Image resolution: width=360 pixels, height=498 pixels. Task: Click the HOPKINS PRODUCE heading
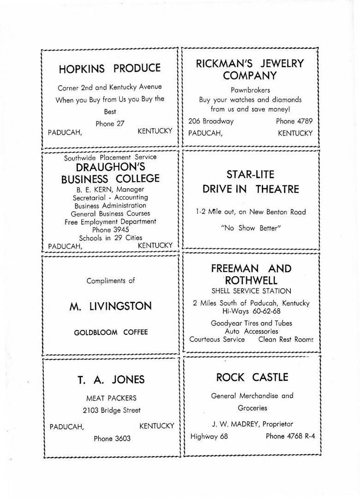pyautogui.click(x=110, y=69)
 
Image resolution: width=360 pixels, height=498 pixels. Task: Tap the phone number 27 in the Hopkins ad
pyautogui.click(x=110, y=124)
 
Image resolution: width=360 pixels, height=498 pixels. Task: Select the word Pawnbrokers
pyautogui.click(x=250, y=90)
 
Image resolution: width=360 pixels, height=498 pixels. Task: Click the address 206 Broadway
pyautogui.click(x=211, y=121)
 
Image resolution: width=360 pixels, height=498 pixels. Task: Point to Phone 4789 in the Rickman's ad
pyautogui.click(x=294, y=121)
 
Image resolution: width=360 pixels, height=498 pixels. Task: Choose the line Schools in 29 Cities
pyautogui.click(x=110, y=238)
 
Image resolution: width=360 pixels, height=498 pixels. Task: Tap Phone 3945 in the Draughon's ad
pyautogui.click(x=110, y=230)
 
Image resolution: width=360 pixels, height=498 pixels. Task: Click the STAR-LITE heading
pyautogui.click(x=250, y=174)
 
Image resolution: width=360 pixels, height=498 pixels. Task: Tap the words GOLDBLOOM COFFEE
pyautogui.click(x=111, y=332)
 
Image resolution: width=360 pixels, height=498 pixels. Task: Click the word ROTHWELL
pyautogui.click(x=251, y=280)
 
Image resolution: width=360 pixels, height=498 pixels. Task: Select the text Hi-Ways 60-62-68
pyautogui.click(x=251, y=311)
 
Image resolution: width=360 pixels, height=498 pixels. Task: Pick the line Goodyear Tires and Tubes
pyautogui.click(x=251, y=323)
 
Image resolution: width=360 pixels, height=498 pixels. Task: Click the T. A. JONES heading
pyautogui.click(x=110, y=379)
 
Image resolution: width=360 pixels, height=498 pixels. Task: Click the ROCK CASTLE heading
pyautogui.click(x=252, y=377)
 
